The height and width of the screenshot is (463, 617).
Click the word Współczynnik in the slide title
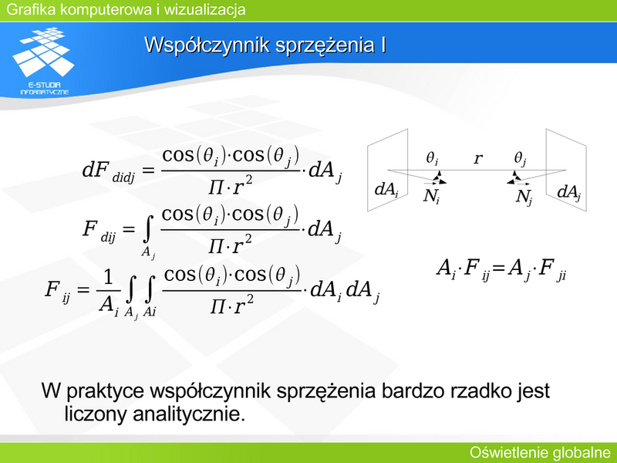(x=207, y=45)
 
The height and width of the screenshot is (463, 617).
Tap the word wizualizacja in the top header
(x=204, y=9)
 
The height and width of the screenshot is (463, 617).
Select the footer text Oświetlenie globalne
(x=540, y=453)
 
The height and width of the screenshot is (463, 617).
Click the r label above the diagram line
(x=477, y=158)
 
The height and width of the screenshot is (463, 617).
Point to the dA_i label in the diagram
(x=386, y=190)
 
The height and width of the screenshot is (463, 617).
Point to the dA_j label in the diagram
(x=569, y=192)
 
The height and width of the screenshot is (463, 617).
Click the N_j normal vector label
(x=524, y=198)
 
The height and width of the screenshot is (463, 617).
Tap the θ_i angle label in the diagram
(x=432, y=158)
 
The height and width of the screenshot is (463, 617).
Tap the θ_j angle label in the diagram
(x=520, y=158)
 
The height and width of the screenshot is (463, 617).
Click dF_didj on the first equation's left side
(x=108, y=171)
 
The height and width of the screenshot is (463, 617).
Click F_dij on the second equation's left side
(x=99, y=231)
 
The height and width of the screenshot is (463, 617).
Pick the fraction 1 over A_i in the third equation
(x=108, y=293)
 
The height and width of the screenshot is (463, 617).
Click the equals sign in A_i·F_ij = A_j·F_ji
(x=497, y=268)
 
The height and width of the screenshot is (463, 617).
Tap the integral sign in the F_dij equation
(x=147, y=231)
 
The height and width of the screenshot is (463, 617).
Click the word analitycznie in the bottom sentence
(x=189, y=414)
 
